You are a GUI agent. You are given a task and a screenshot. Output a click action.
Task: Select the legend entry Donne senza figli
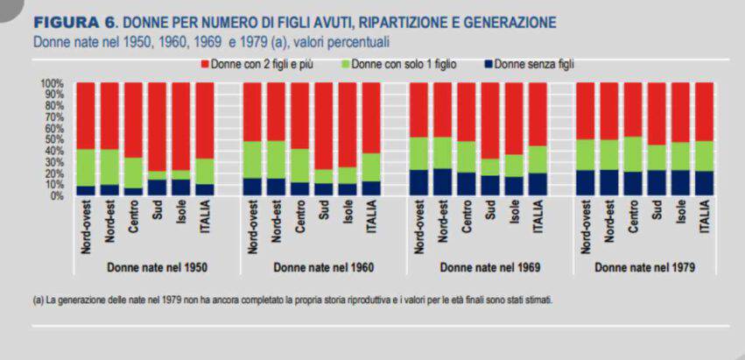click(533, 64)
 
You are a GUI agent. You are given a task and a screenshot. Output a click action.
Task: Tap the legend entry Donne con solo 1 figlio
click(404, 64)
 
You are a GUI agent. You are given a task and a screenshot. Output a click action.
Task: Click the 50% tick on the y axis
click(53, 139)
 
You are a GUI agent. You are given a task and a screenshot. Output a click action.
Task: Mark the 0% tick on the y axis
click(55, 196)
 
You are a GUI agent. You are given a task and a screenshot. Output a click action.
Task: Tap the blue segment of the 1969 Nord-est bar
click(442, 182)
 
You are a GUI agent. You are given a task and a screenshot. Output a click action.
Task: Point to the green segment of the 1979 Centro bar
click(633, 154)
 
